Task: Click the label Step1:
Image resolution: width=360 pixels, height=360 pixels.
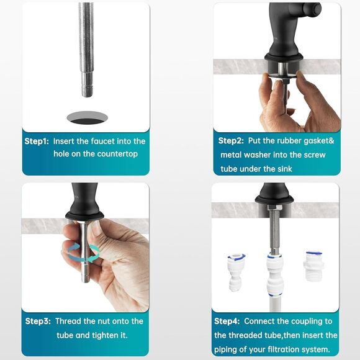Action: point(37,142)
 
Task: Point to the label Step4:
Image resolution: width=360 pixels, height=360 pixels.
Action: point(227,322)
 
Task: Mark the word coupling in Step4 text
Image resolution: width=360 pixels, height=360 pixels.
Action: point(308,322)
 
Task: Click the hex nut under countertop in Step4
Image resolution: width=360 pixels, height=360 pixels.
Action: point(273,222)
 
